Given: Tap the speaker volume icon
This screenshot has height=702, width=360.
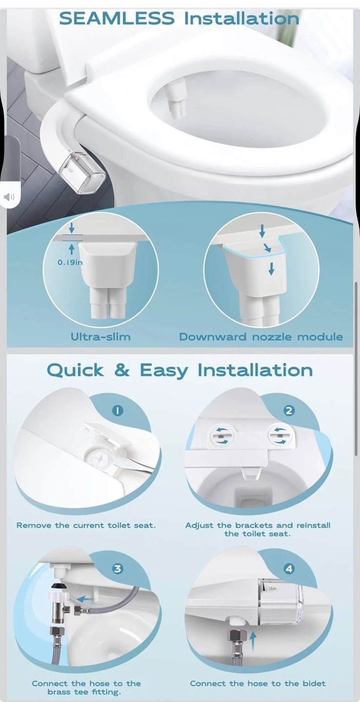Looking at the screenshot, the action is pyautogui.click(x=9, y=197).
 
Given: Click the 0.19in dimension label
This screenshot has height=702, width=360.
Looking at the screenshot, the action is pyautogui.click(x=70, y=262).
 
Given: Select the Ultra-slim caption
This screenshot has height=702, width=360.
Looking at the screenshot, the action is pyautogui.click(x=100, y=336).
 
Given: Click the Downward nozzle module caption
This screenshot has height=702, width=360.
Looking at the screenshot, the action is pyautogui.click(x=261, y=336).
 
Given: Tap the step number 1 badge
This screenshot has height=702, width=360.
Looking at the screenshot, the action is pyautogui.click(x=118, y=410).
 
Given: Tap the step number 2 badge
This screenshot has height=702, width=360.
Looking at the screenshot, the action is pyautogui.click(x=289, y=410).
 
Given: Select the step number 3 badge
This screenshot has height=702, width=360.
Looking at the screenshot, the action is pyautogui.click(x=118, y=568).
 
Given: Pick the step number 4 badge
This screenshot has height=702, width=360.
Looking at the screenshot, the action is pyautogui.click(x=289, y=568).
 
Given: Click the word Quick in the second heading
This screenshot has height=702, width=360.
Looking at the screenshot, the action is pyautogui.click(x=75, y=370).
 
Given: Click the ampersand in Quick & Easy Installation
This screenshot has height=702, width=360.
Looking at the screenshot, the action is pyautogui.click(x=121, y=370).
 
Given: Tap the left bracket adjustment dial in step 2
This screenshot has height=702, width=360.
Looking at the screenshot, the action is pyautogui.click(x=222, y=436).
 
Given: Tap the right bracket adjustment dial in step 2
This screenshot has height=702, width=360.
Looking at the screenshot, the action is pyautogui.click(x=280, y=436).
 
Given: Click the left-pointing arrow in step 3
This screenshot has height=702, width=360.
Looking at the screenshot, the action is pyautogui.click(x=85, y=599).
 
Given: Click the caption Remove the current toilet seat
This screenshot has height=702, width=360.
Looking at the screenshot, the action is pyautogui.click(x=86, y=525).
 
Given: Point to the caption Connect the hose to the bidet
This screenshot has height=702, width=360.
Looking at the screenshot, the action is pyautogui.click(x=258, y=683).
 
